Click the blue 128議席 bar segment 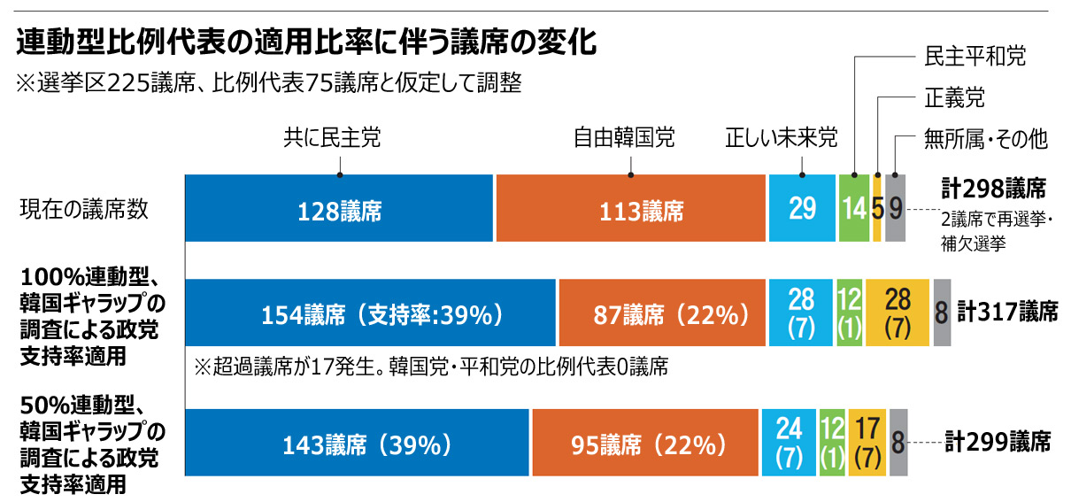[x=338, y=209]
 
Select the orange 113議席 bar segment [x=630, y=209]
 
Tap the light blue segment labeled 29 [x=802, y=209]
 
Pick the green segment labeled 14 [x=854, y=209]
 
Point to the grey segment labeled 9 [x=895, y=209]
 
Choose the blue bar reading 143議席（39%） [x=357, y=443]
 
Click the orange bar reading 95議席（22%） [x=646, y=443]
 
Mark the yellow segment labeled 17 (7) [x=867, y=443]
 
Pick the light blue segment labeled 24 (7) [x=789, y=443]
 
